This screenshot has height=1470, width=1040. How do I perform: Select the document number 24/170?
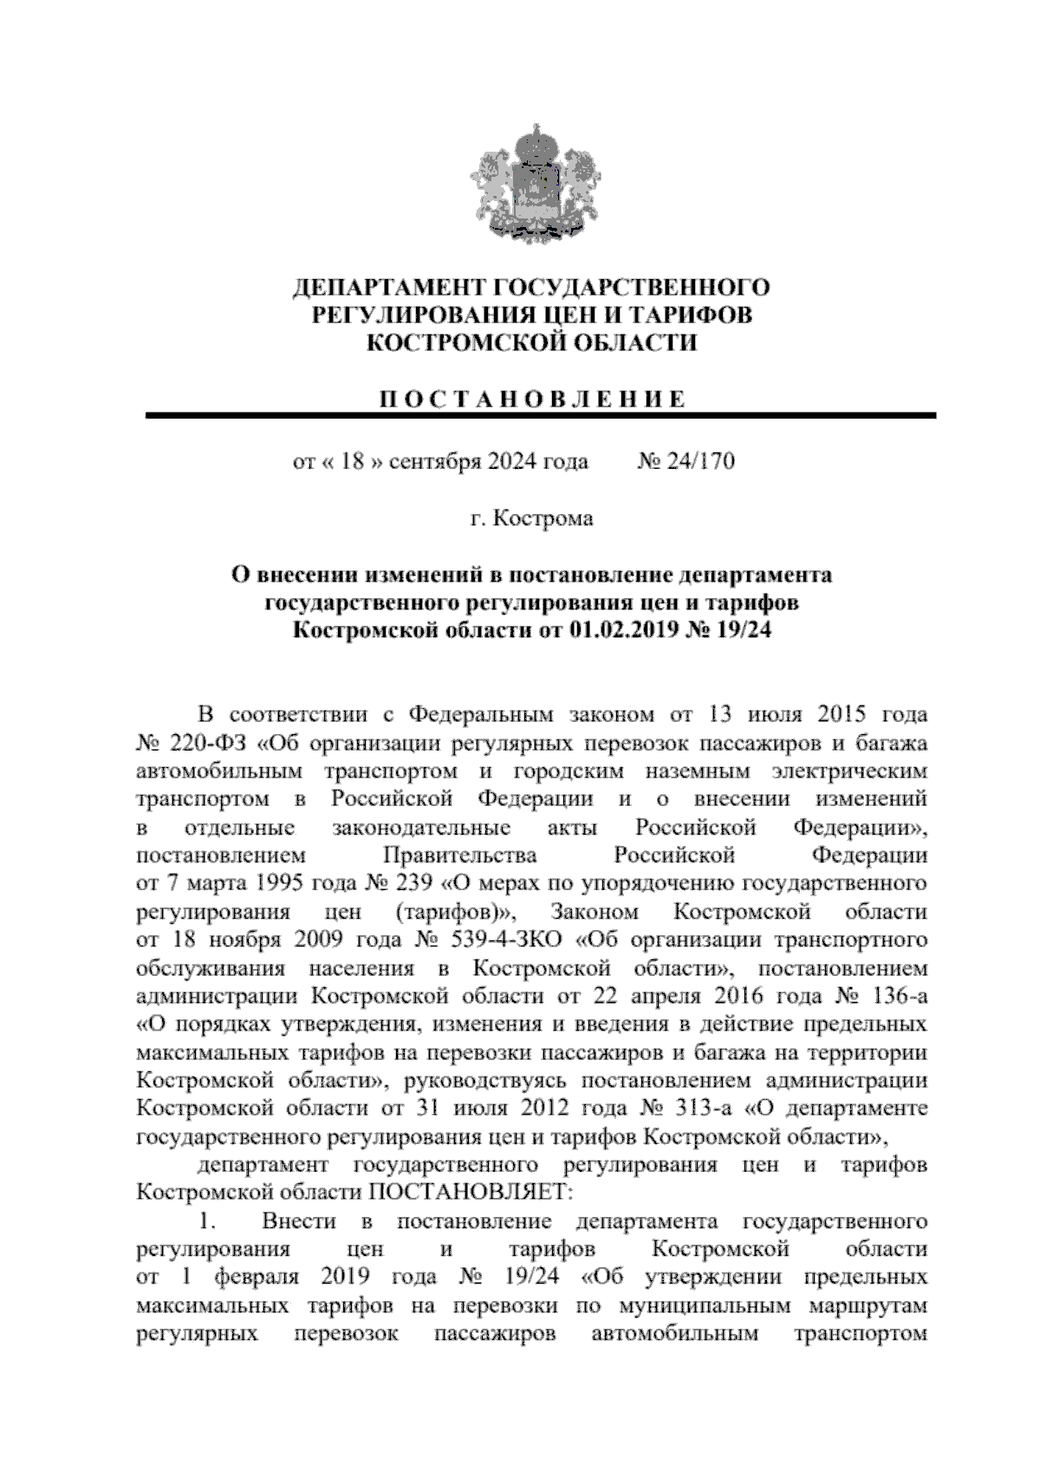pos(700,461)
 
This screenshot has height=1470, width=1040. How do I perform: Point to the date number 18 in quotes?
pos(350,461)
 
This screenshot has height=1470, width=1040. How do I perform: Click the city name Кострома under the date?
pos(543,518)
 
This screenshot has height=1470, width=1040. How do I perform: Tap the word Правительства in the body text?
pos(459,855)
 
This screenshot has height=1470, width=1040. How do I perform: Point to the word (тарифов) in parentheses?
pos(455,912)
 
